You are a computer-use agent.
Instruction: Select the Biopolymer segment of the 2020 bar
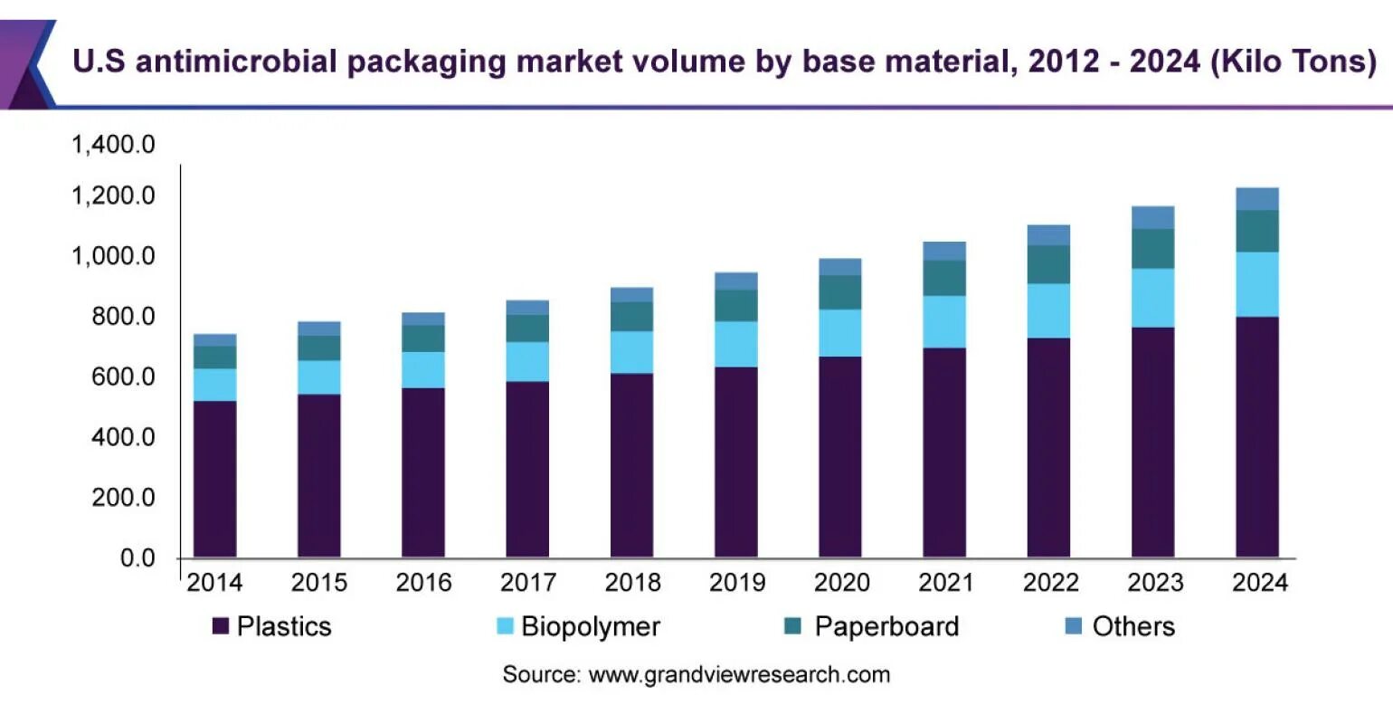coord(840,333)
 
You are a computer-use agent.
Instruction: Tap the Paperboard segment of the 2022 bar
coord(1048,264)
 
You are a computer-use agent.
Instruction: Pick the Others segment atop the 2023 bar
coord(1152,217)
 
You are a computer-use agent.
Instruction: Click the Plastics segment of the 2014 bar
coord(214,479)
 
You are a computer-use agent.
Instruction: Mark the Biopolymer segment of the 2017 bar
coord(527,361)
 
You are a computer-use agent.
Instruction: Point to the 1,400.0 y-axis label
coord(113,144)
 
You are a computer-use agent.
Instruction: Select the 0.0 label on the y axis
coord(137,558)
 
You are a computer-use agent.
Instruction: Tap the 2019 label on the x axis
coord(737,583)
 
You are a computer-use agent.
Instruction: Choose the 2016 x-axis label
coord(423,583)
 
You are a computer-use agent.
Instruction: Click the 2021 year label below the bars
coord(945,583)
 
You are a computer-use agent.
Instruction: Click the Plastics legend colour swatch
coord(220,626)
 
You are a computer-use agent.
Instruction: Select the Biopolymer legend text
coord(591,626)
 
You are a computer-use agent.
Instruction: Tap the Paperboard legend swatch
coord(793,626)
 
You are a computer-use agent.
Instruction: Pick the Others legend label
coord(1133,626)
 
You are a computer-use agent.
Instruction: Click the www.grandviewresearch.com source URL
coord(739,674)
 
